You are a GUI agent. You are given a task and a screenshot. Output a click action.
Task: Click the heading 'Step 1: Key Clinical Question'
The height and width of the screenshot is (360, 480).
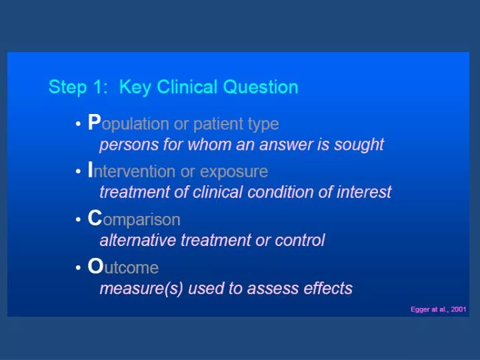173,87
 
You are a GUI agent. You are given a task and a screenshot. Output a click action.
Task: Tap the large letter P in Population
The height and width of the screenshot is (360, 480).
94,123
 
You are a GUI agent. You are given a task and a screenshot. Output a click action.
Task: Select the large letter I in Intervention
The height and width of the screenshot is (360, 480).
91,171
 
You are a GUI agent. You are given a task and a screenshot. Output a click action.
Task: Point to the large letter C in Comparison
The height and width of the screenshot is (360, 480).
95,219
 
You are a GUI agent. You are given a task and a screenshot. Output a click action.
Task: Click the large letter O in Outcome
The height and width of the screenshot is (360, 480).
95,267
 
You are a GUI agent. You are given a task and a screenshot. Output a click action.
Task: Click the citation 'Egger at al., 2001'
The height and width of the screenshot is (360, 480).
438,309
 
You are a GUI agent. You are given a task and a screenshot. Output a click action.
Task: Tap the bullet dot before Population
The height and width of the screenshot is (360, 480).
78,124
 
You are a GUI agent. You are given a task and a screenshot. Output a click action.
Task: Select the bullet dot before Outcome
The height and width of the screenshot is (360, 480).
78,268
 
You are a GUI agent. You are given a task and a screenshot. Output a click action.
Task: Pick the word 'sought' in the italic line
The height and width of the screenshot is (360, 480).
361,144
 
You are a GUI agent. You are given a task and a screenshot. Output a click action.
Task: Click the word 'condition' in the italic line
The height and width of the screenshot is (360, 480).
275,192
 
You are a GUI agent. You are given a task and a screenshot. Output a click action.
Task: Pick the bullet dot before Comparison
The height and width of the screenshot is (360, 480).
78,220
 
